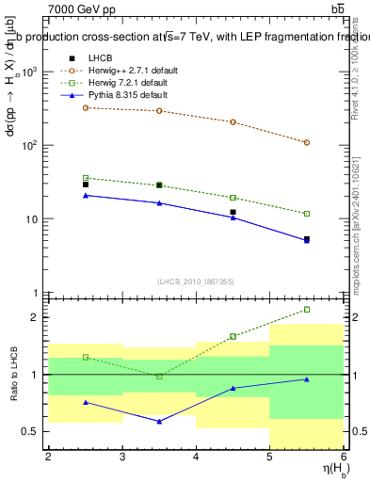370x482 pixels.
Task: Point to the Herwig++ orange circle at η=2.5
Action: click(86, 107)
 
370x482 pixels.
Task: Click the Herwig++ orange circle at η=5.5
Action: click(307, 142)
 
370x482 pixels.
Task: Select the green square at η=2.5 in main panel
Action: click(86, 178)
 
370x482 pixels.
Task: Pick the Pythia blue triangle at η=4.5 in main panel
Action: click(233, 217)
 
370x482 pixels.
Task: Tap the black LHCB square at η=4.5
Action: click(233, 212)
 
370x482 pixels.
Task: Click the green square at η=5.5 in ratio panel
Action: click(307, 309)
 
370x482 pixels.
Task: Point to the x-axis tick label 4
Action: click(196, 457)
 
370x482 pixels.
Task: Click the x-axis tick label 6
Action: click(343, 457)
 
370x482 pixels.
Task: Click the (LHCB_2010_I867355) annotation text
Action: click(195, 281)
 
